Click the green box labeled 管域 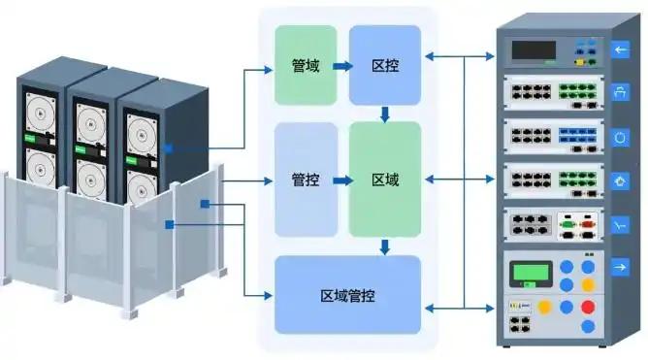[306, 65]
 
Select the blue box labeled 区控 [385, 65]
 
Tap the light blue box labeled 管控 [306, 180]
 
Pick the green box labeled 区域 [385, 180]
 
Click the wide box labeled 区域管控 [347, 295]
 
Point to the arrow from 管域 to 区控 [342, 66]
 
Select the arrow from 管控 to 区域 [342, 180]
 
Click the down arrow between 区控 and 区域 [385, 115]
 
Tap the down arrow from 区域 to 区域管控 [385, 247]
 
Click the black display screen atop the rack [534, 50]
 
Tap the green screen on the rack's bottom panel [531, 273]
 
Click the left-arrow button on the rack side [620, 50]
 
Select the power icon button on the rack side [620, 138]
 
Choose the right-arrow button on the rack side [620, 268]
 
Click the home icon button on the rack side [620, 181]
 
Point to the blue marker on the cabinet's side [168, 148]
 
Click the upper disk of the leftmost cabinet [41, 114]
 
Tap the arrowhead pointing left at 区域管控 [430, 308]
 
